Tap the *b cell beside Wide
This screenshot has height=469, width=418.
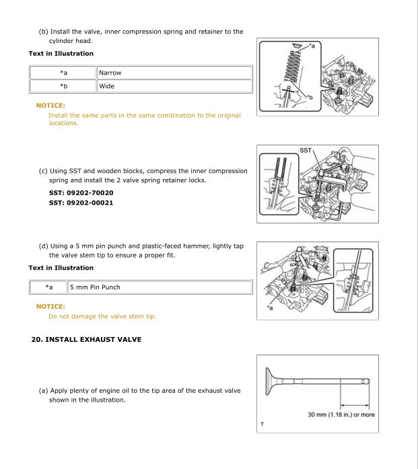tap(63, 86)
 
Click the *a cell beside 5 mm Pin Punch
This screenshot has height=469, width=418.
tap(48, 287)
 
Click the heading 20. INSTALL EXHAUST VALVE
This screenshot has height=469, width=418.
tap(86, 340)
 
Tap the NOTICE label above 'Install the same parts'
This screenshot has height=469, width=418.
tap(50, 106)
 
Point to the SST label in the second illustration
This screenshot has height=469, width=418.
tap(305, 151)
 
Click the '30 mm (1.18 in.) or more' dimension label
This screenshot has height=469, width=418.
tap(341, 414)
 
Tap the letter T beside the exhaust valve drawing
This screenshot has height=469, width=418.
tap(262, 424)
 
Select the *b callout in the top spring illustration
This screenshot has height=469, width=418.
tap(310, 98)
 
